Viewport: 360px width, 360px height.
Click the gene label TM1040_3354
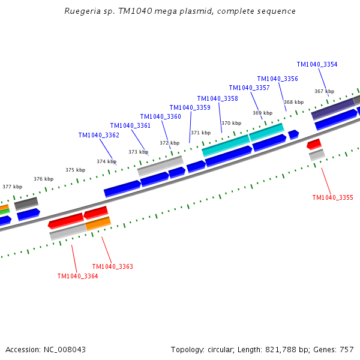pos(317,64)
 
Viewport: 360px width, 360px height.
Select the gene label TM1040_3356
pos(277,79)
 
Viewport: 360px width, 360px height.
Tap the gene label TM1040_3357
pos(249,88)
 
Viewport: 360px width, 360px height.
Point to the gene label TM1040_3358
pos(217,98)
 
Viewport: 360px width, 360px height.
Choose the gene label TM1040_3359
pos(190,107)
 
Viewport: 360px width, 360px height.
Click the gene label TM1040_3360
pos(160,116)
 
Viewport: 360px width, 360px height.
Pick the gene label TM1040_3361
pos(130,125)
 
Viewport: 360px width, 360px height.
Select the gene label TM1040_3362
pos(98,135)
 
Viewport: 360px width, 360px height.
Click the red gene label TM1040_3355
pos(332,197)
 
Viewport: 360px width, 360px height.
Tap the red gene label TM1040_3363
pos(112,266)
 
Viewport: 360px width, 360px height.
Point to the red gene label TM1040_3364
pos(77,276)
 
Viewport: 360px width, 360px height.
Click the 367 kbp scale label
pos(324,91)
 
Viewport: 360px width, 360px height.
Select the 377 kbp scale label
pos(12,187)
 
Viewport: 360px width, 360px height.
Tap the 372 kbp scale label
pos(169,143)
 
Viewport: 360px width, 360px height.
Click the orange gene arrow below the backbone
pos(98,223)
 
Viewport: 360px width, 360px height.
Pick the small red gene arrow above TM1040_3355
pos(314,144)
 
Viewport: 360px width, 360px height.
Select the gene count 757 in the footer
pos(347,349)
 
